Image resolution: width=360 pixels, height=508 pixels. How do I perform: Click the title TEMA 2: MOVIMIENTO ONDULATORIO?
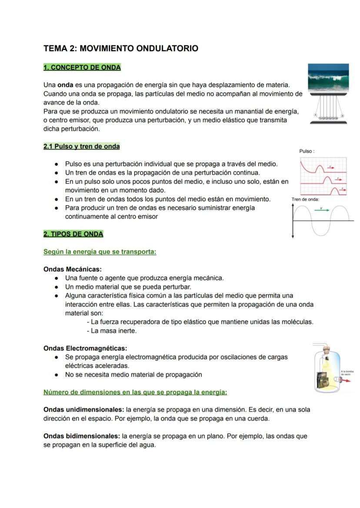[121, 49]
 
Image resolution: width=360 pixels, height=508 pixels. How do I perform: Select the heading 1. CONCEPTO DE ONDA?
[82, 67]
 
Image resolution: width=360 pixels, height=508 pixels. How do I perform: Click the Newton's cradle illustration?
[329, 110]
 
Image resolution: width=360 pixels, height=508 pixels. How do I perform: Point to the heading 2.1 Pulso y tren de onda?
[81, 146]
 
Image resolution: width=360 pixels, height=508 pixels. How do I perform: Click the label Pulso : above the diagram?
[307, 151]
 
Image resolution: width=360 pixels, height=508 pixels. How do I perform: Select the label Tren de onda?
[306, 199]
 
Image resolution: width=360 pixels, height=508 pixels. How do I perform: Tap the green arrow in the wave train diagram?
[322, 210]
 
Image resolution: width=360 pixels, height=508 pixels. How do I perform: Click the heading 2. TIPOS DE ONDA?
[73, 234]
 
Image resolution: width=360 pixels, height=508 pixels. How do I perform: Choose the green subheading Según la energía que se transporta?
[100, 252]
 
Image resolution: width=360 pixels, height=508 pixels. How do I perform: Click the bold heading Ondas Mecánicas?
[73, 269]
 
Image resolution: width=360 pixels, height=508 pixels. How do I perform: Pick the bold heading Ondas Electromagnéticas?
[85, 348]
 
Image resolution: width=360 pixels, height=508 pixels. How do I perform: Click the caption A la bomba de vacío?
[348, 373]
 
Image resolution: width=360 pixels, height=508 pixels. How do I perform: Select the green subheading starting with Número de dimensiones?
[135, 392]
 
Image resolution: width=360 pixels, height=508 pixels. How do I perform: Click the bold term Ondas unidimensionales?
[84, 409]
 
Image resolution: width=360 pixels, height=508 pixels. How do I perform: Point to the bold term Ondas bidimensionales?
[82, 436]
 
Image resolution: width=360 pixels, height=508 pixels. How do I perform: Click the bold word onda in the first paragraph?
[65, 85]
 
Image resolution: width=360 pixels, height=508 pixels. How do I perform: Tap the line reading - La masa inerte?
[112, 331]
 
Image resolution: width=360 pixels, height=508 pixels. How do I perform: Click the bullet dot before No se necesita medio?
[57, 375]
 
